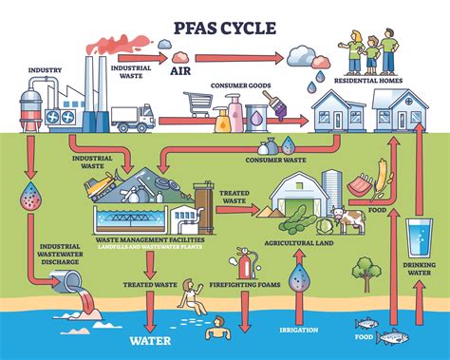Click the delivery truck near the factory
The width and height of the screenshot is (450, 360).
131,119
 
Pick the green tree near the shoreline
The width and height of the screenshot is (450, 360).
363,274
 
